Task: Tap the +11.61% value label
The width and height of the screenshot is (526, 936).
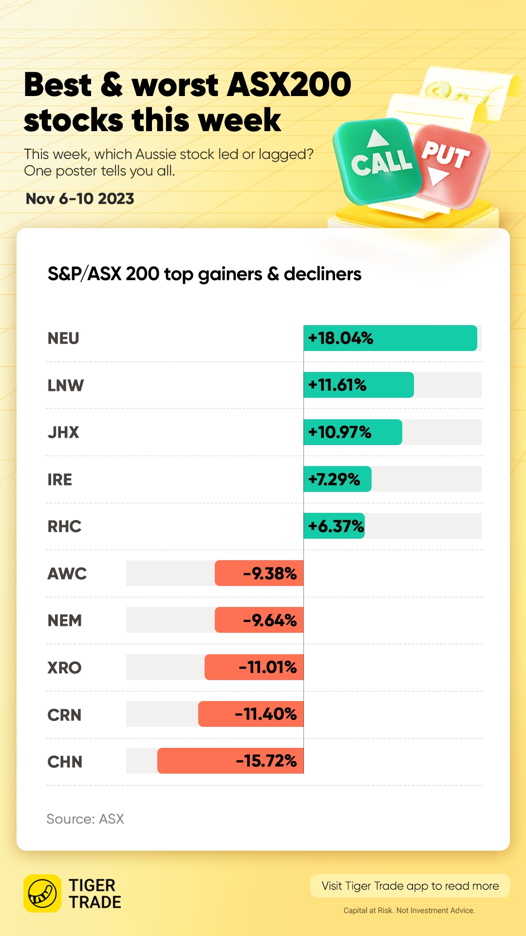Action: pos(337,385)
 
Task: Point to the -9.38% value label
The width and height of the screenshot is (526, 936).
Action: pos(270,573)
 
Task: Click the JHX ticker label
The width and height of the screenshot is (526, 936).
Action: pos(63,432)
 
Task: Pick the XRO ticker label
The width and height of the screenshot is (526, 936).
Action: pos(64,667)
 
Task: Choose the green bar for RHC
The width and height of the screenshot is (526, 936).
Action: pos(334,526)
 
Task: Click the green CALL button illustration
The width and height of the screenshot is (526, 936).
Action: pos(378,161)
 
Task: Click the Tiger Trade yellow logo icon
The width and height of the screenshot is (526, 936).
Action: pos(42,893)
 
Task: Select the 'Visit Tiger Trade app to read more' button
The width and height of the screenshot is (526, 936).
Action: pos(410,886)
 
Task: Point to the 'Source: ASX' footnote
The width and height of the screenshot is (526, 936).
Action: pos(85,819)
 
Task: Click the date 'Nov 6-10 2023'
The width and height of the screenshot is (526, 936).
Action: pos(80,199)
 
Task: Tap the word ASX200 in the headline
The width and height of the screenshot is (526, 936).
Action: pos(289,85)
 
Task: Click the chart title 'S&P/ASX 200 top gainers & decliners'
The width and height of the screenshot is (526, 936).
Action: pos(205,274)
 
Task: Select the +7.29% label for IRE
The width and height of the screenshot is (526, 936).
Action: pos(334,479)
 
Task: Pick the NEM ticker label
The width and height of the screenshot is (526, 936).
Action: pos(65,621)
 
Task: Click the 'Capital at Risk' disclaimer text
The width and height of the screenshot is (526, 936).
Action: pos(409,910)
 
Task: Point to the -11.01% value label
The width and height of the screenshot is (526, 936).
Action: pos(267,667)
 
